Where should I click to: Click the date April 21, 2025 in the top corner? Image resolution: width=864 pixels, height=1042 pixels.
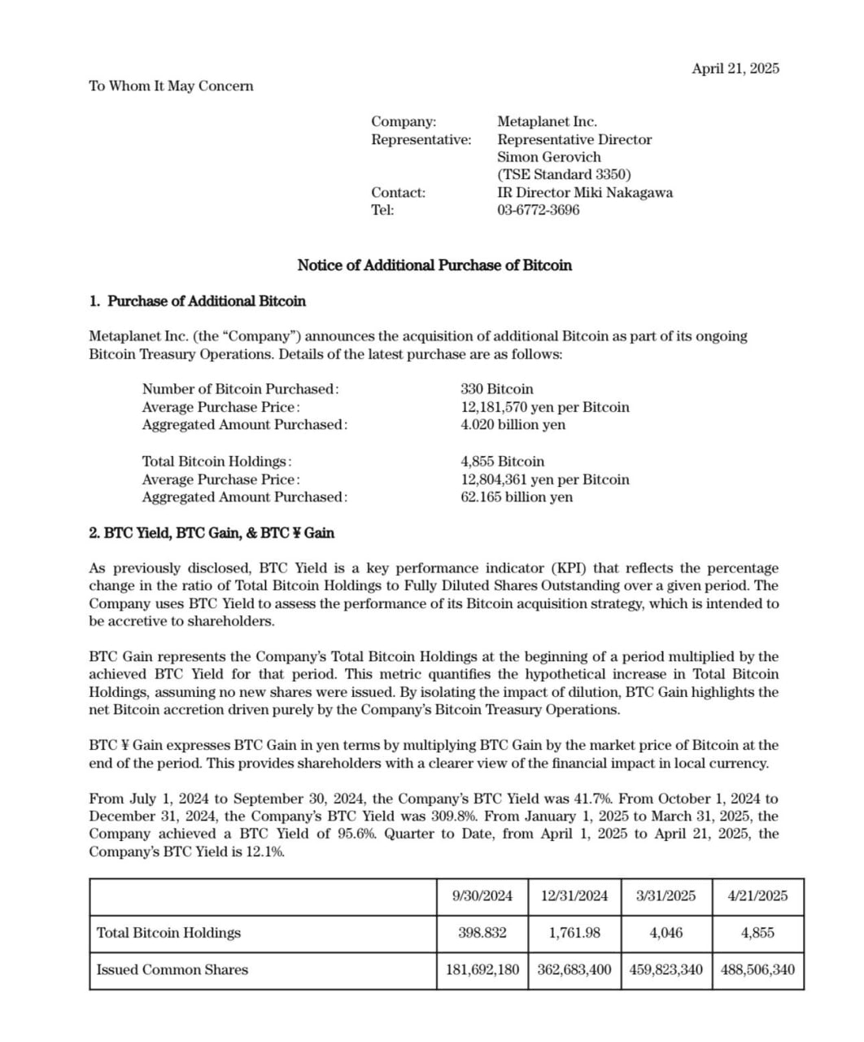click(735, 68)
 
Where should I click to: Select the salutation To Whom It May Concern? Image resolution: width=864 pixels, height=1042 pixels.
click(171, 86)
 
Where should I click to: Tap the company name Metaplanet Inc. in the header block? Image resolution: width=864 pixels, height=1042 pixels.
click(547, 121)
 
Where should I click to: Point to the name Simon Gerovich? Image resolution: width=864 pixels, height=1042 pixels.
click(549, 157)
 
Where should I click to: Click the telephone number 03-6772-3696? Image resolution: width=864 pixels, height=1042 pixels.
click(539, 210)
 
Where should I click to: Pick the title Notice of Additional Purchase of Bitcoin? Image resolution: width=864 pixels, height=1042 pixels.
click(434, 265)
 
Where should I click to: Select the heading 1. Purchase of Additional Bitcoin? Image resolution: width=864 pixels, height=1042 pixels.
click(198, 301)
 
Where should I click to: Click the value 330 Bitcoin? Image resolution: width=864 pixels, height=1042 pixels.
click(497, 389)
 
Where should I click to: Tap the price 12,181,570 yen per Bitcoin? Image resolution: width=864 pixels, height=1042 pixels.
click(545, 407)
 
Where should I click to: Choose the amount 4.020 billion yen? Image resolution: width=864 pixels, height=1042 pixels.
click(513, 425)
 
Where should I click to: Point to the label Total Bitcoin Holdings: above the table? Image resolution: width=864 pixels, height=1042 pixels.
click(216, 462)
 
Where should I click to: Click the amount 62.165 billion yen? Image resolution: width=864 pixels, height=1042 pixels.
click(517, 497)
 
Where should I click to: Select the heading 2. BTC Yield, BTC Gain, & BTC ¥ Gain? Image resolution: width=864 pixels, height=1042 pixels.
click(212, 533)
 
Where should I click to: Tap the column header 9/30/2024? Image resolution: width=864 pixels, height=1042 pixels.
click(482, 896)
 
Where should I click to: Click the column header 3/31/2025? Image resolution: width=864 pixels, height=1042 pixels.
click(665, 896)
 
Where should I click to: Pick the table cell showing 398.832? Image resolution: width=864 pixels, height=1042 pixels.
click(482, 933)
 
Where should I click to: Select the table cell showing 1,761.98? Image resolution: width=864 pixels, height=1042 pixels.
click(574, 933)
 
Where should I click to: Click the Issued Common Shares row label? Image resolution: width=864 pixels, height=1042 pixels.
click(172, 970)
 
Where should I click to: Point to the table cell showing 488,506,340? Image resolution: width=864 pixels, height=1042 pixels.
click(757, 970)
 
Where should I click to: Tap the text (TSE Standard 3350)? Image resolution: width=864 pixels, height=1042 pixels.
click(564, 175)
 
